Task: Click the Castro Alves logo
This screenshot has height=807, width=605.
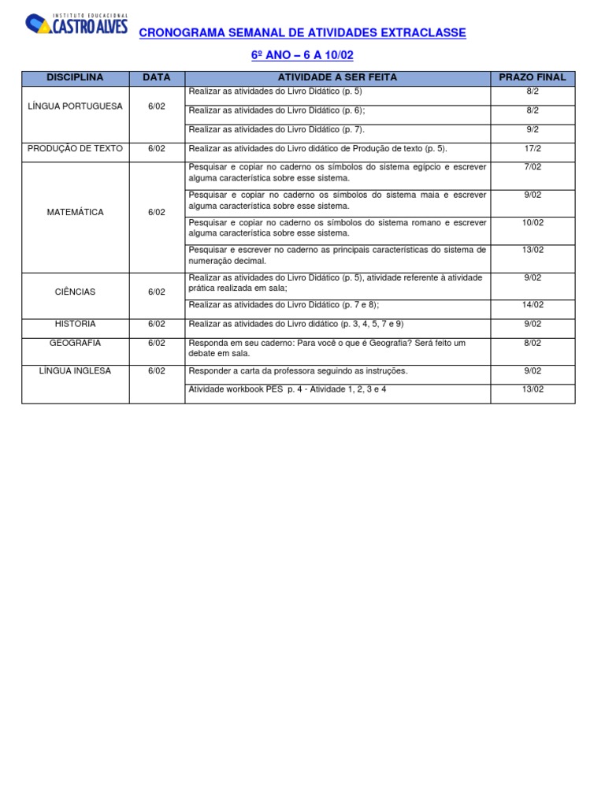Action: (76, 24)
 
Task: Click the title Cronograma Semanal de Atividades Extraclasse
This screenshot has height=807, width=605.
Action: (302, 33)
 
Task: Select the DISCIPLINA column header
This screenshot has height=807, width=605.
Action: (75, 77)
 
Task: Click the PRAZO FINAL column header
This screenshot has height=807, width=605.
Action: (533, 77)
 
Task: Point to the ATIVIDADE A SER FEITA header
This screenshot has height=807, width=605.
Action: (337, 77)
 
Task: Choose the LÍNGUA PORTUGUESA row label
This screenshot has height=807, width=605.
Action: (75, 106)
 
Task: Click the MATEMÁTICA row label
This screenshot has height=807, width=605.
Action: (75, 212)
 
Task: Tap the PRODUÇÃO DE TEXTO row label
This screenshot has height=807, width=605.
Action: (75, 147)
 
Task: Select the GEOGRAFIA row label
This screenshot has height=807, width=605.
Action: (75, 343)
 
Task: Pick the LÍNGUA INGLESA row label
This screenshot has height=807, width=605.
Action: (75, 370)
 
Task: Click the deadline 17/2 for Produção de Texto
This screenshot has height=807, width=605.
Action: (533, 147)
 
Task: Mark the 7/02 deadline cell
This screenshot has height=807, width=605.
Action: (533, 167)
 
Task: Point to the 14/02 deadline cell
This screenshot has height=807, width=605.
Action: (533, 304)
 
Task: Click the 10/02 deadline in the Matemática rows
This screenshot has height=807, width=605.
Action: (533, 222)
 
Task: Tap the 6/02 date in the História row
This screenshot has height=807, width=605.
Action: (157, 324)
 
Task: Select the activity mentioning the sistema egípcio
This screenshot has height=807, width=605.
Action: (337, 173)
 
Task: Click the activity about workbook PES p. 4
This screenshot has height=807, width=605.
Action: (288, 389)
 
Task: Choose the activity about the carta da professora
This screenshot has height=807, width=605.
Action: (298, 370)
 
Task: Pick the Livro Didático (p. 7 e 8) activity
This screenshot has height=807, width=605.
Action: (284, 304)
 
